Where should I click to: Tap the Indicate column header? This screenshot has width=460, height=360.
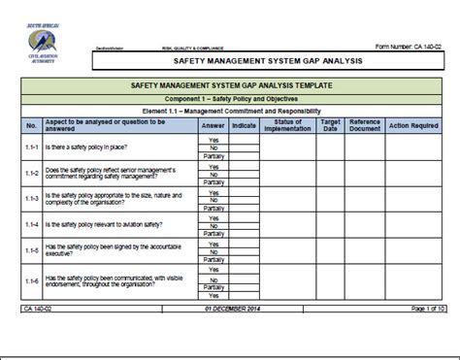click(x=245, y=126)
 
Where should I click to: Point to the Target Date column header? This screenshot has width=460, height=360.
click(x=330, y=126)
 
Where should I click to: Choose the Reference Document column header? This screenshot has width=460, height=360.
click(x=365, y=126)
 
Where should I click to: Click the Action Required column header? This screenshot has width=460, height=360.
click(x=413, y=126)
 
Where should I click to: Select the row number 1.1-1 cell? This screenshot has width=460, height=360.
click(x=31, y=147)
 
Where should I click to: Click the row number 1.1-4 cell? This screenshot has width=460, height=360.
click(x=31, y=224)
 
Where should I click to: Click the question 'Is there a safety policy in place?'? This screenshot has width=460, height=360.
click(x=85, y=147)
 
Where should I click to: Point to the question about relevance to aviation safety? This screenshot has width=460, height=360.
click(x=107, y=224)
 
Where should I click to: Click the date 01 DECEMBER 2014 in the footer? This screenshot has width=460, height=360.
click(x=229, y=308)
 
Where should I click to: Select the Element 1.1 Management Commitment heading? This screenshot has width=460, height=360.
click(x=230, y=112)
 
